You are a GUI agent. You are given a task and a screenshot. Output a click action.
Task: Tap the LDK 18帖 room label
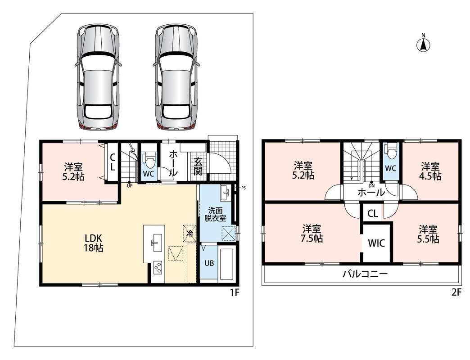tap(94, 243)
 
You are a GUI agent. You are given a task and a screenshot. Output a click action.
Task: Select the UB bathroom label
tap(209, 263)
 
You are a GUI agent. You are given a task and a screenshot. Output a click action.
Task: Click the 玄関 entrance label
tap(198, 166)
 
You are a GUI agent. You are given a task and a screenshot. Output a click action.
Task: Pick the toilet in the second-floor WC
tap(391, 152)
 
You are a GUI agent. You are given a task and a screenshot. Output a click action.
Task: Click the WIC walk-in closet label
tap(376, 243)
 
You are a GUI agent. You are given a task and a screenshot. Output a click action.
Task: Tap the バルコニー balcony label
tap(366, 274)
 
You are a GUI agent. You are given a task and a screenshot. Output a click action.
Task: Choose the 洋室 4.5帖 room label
tap(430, 171)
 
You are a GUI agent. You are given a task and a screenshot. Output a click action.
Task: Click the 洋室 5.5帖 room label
tap(428, 234)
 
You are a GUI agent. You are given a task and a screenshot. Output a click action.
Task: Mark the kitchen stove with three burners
tap(158, 267)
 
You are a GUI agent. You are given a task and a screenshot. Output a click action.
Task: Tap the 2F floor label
tap(456, 292)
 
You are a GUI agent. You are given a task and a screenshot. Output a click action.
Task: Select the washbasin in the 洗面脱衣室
tap(224, 193)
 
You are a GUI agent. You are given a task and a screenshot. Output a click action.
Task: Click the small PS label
tap(244, 188)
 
